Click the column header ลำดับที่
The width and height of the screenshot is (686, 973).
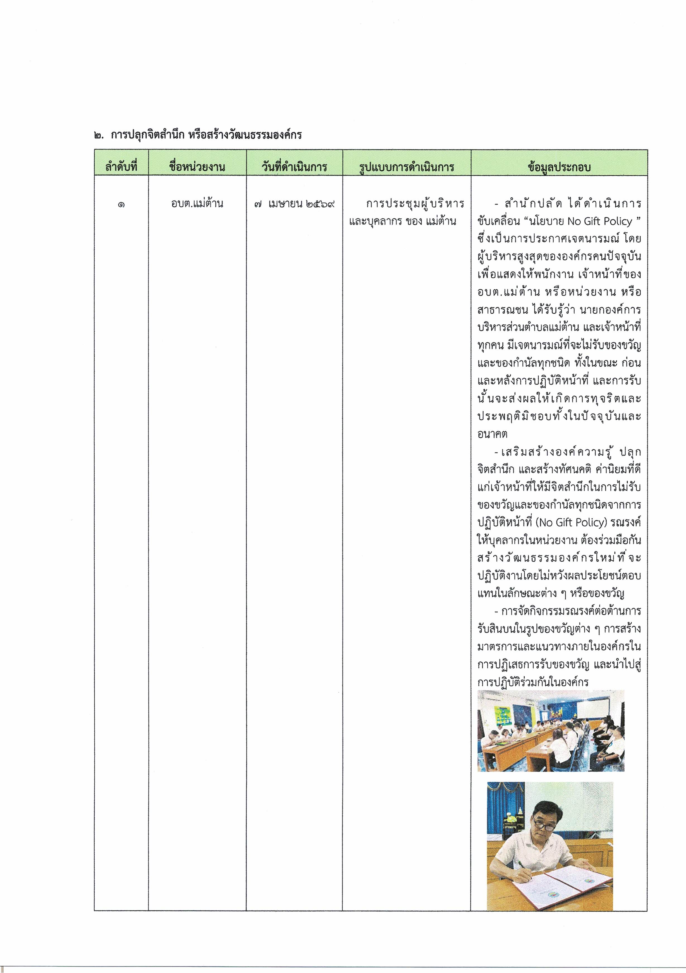121,166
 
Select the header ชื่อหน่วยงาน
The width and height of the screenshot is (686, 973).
197,166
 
